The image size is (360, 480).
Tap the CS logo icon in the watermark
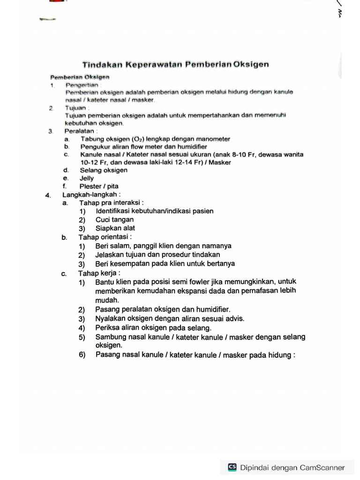[232, 467]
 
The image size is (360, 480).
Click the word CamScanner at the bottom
[322, 467]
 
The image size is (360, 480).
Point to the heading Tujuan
[76, 107]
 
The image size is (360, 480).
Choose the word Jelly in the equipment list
[87, 178]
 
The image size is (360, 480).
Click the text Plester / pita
[99, 186]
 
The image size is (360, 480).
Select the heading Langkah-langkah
[91, 195]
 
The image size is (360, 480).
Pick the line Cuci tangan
[114, 219]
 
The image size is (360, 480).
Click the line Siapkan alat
[115, 228]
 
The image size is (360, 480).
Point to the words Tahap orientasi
[105, 237]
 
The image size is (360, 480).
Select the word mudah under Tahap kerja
[107, 300]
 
